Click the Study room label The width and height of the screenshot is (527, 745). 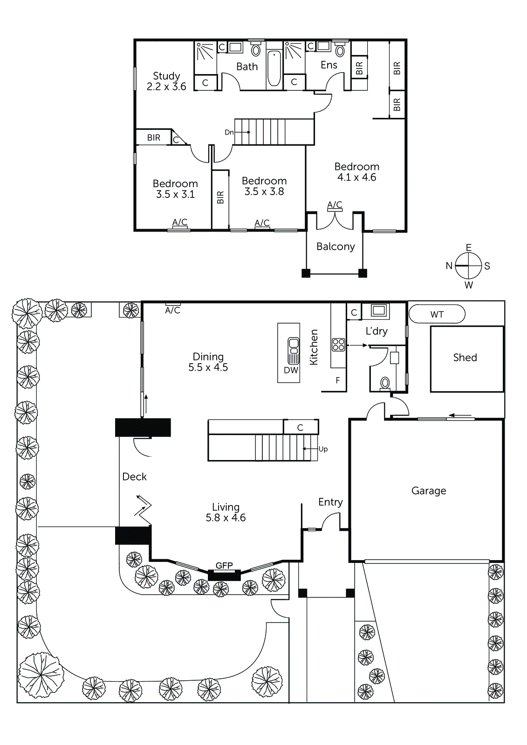tap(166, 76)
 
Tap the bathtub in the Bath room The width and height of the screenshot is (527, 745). tap(274, 69)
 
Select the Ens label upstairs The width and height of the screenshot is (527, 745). tap(329, 65)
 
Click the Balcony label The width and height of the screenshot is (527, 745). tap(335, 247)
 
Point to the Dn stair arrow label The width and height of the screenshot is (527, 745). tap(229, 132)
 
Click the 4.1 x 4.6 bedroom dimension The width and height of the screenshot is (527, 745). tap(356, 177)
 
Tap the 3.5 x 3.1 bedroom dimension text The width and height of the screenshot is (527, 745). tap(175, 195)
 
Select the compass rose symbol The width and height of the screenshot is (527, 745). tap(468, 266)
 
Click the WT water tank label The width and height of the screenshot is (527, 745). tap(437, 314)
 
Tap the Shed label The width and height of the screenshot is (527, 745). tap(465, 358)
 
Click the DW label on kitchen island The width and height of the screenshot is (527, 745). tap(291, 370)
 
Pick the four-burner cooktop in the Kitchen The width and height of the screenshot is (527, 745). tap(338, 345)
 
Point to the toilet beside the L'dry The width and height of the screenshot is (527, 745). tap(385, 383)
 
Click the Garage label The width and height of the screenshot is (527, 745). tap(428, 491)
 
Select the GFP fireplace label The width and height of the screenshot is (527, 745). tap(224, 565)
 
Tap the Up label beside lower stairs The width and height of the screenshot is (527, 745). tap(323, 449)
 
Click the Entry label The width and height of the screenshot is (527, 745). tap(330, 502)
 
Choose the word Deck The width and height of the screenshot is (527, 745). tap(134, 477)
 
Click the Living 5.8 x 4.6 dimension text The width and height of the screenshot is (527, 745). tap(226, 518)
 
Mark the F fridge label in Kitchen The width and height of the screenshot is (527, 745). tap(338, 380)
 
